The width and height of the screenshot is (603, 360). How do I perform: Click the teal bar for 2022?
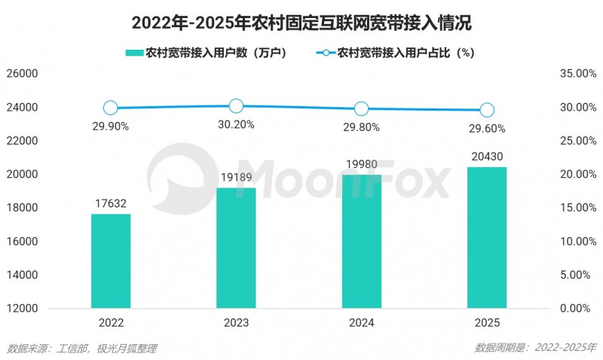(x=111, y=261)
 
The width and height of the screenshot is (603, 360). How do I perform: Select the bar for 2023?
(x=236, y=248)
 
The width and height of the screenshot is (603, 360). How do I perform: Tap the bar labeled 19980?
(x=361, y=241)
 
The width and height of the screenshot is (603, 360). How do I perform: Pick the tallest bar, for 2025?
(x=487, y=237)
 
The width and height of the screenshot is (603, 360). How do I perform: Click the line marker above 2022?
(x=111, y=108)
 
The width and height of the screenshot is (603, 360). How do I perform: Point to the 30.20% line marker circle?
(x=236, y=106)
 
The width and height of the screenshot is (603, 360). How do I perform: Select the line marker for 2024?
(x=361, y=108)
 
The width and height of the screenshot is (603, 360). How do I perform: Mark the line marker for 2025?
(x=487, y=110)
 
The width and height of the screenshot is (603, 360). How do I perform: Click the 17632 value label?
(x=111, y=204)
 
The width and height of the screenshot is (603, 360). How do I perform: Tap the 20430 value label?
(x=487, y=157)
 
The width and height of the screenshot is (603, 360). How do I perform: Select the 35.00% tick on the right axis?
(x=577, y=74)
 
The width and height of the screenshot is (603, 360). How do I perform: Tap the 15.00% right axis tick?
(x=577, y=208)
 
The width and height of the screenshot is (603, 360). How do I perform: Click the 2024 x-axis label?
(x=361, y=322)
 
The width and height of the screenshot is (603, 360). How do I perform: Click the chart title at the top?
(x=301, y=23)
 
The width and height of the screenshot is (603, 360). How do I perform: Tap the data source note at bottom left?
(x=81, y=348)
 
